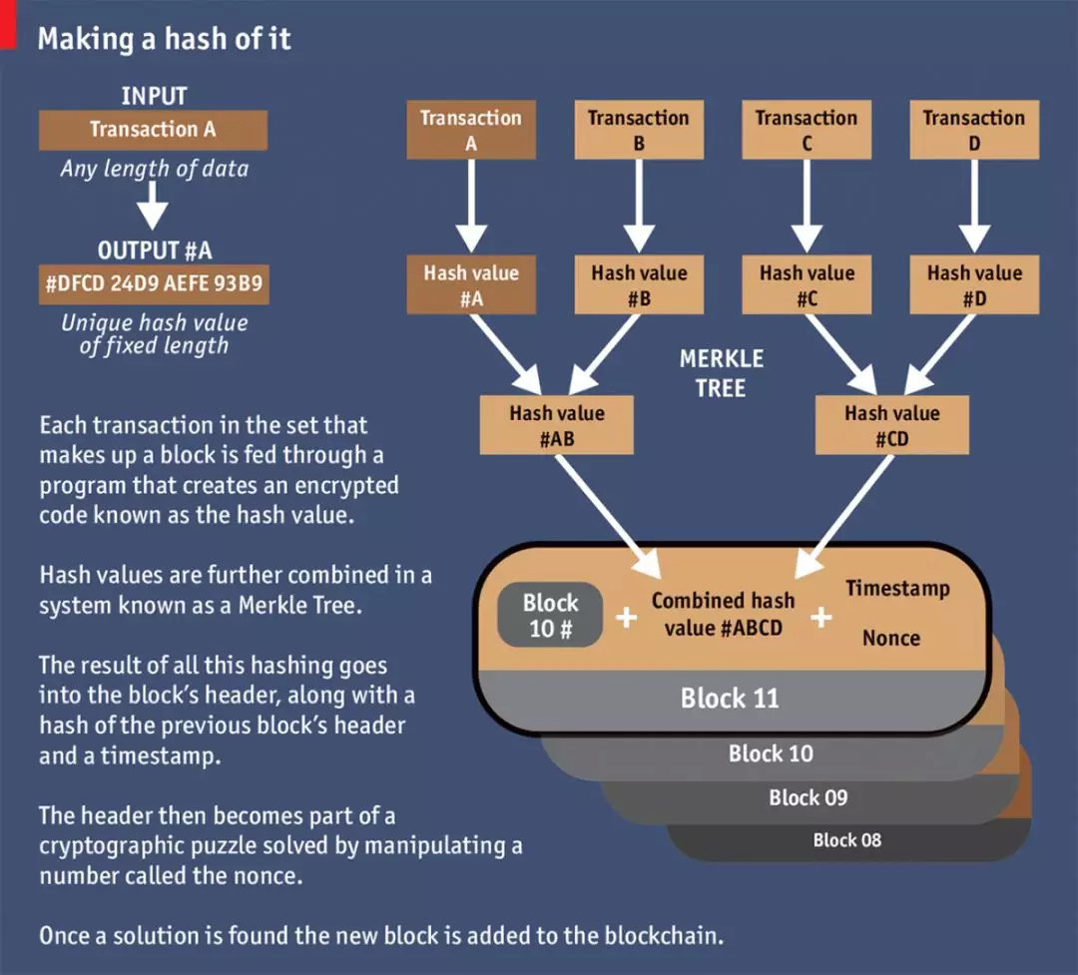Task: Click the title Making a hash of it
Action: pyautogui.click(x=164, y=39)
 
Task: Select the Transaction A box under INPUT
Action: pyautogui.click(x=153, y=130)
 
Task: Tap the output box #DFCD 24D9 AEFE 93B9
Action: pyautogui.click(x=153, y=284)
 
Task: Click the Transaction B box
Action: pyautogui.click(x=639, y=130)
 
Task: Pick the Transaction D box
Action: pyautogui.click(x=974, y=130)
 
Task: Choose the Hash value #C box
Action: pyautogui.click(x=807, y=284)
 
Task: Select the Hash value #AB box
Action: pyautogui.click(x=557, y=425)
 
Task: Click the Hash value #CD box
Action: pyautogui.click(x=892, y=425)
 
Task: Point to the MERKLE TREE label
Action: pyautogui.click(x=721, y=373)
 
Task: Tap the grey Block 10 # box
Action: pyautogui.click(x=550, y=616)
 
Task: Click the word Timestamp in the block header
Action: pyautogui.click(x=897, y=588)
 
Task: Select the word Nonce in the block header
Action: pyautogui.click(x=891, y=638)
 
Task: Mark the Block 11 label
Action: pyautogui.click(x=730, y=699)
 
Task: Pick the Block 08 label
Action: pyautogui.click(x=846, y=839)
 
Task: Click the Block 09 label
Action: pyautogui.click(x=808, y=797)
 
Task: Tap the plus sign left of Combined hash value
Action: pyautogui.click(x=626, y=618)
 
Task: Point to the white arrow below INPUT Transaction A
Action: pyautogui.click(x=153, y=208)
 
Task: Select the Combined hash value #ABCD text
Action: pyautogui.click(x=723, y=614)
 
